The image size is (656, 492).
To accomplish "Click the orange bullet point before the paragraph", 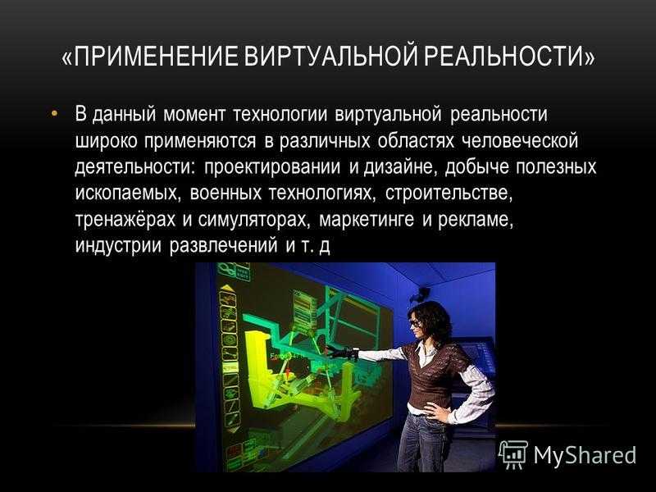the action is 54,113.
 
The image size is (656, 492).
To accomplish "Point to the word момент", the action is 194,115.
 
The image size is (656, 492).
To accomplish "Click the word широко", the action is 107,141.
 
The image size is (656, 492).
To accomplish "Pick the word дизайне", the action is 400,167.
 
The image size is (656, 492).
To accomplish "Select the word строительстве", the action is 449,194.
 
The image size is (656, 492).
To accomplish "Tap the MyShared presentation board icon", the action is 513,455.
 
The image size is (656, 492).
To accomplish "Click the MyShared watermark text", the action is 585,455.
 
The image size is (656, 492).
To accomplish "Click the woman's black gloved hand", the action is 342,352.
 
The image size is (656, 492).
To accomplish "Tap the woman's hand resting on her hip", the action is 436,411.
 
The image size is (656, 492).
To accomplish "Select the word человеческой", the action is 520,141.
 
